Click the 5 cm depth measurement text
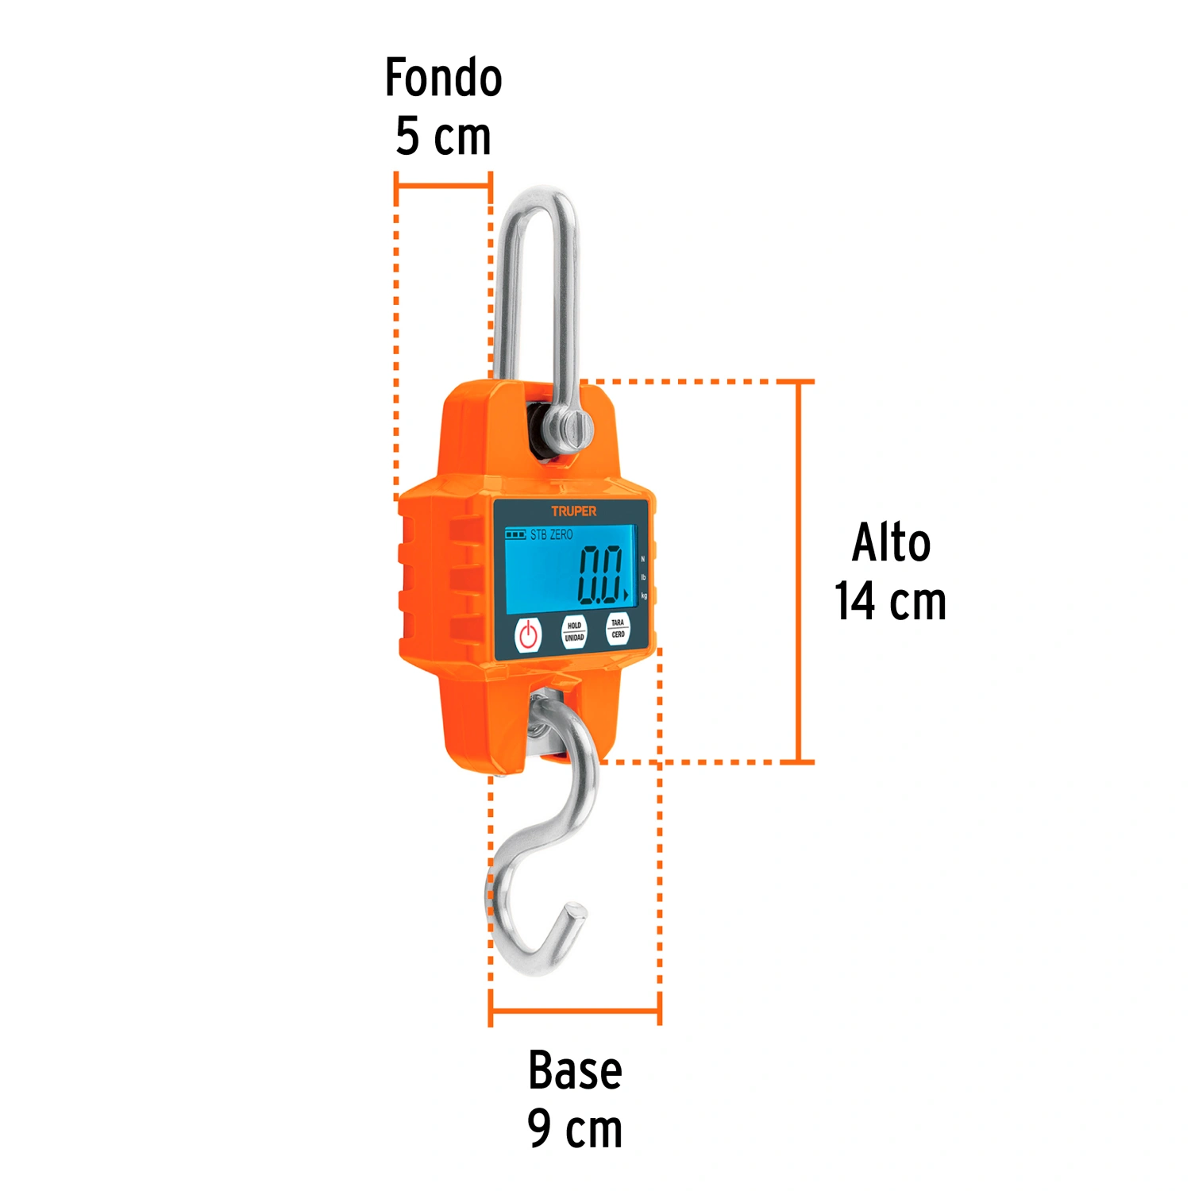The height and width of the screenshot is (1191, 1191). click(x=443, y=137)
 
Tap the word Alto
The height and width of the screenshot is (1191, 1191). click(x=891, y=543)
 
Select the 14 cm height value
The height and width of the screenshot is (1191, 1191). click(x=890, y=601)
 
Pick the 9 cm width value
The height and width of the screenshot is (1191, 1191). click(x=575, y=1129)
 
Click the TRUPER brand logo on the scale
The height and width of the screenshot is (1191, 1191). click(x=573, y=511)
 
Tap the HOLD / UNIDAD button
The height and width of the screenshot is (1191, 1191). click(x=574, y=631)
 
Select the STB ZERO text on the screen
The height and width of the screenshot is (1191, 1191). click(x=551, y=535)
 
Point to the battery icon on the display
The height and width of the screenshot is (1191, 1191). click(x=515, y=534)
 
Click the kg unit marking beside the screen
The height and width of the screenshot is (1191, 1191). click(x=644, y=595)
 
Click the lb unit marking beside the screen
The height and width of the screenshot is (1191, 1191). click(x=643, y=577)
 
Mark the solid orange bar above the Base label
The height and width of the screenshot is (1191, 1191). click(x=575, y=1012)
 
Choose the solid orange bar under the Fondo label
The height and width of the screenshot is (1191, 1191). click(x=443, y=187)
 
